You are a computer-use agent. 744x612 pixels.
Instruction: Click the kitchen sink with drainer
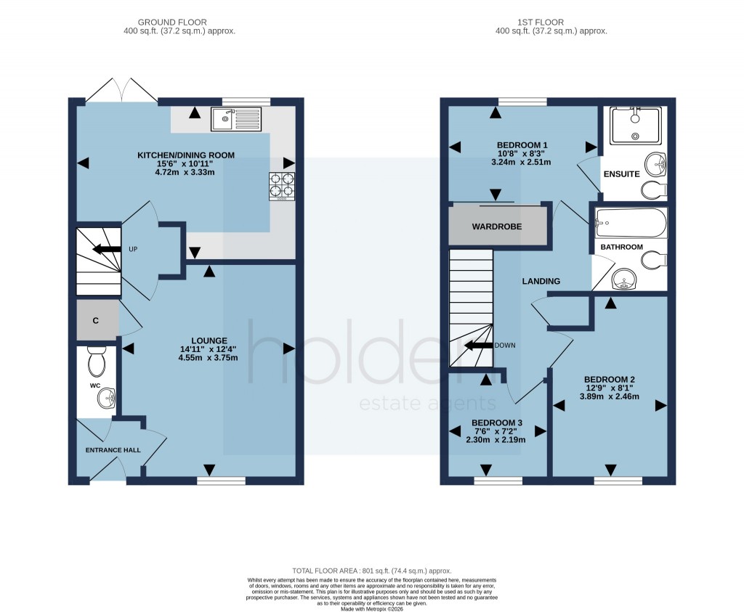[235, 119]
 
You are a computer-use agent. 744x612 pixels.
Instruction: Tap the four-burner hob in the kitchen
[282, 185]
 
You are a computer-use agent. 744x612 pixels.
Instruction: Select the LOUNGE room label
[209, 340]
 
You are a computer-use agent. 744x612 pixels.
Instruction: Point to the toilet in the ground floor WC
[96, 360]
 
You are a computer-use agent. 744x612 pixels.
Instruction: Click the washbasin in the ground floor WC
[107, 397]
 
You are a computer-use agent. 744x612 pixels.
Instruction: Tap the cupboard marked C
[95, 320]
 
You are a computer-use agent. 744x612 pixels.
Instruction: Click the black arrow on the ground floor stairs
[107, 250]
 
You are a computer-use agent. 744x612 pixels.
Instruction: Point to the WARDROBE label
[497, 227]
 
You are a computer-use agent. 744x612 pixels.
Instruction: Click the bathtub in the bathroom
[630, 224]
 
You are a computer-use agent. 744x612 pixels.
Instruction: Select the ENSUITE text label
[620, 174]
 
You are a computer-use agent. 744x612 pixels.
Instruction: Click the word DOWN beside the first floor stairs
[504, 346]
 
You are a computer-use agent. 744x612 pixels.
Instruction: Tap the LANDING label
[541, 281]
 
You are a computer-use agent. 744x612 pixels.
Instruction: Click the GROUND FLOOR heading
[179, 23]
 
